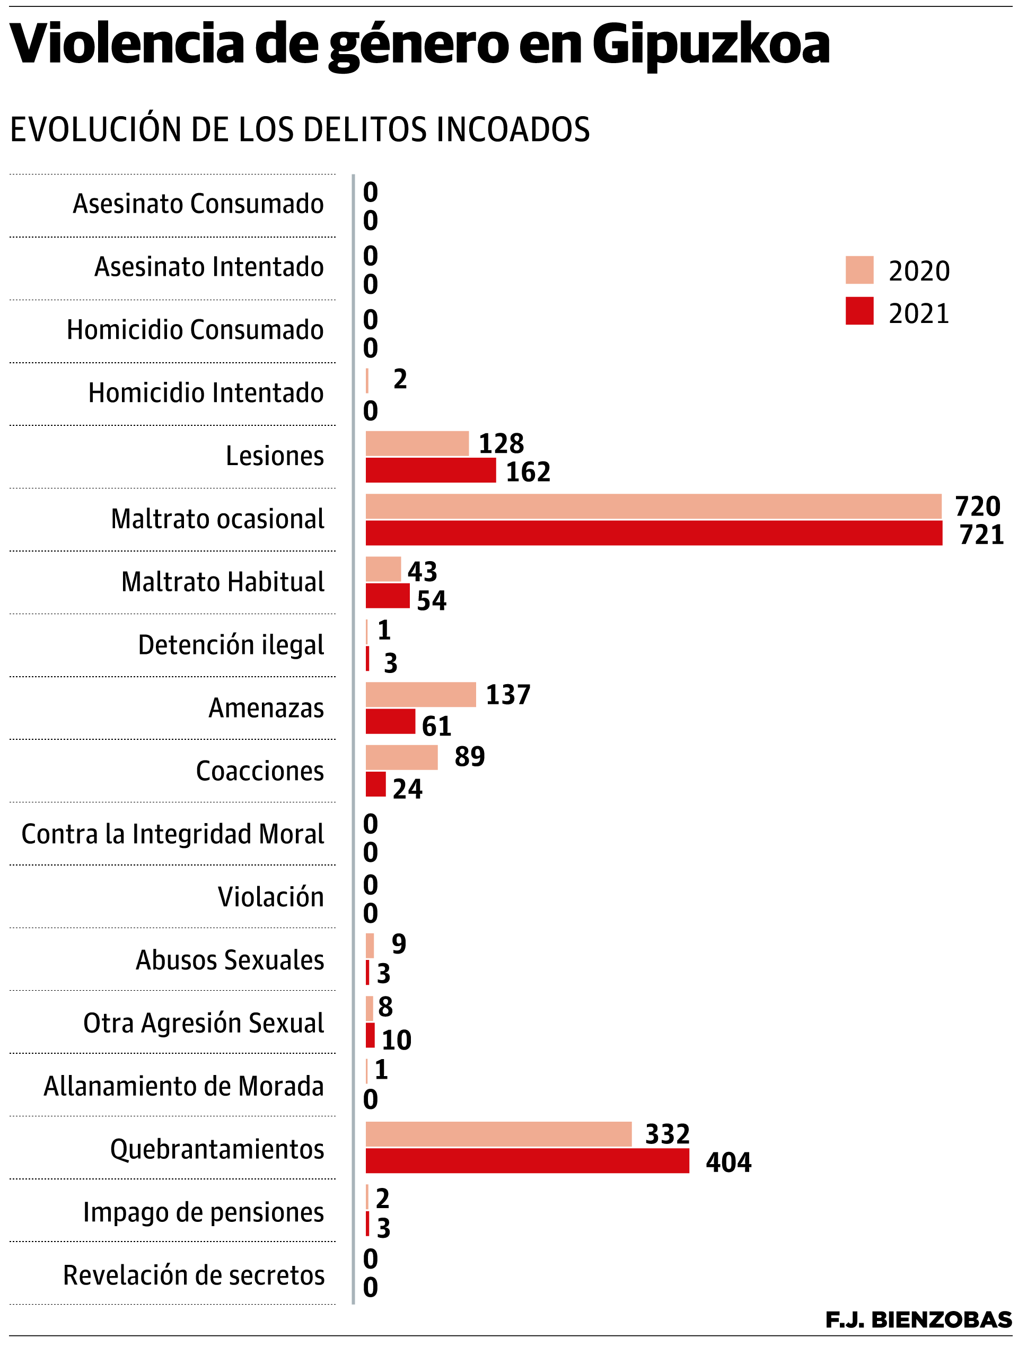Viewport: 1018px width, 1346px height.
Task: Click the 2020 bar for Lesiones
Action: [417, 443]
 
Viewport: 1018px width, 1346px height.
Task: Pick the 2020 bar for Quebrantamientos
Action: [498, 1134]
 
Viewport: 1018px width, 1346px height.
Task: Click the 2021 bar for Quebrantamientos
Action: [527, 1161]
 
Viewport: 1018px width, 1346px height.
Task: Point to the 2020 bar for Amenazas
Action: [420, 694]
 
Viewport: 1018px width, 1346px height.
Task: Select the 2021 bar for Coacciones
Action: [375, 784]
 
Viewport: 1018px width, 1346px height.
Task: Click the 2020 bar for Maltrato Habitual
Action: [383, 569]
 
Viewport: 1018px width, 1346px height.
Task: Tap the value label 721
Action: [981, 535]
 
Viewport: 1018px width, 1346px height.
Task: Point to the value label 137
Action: [507, 695]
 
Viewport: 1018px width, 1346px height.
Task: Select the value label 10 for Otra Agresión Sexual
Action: [396, 1040]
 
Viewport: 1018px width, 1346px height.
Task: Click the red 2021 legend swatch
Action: [858, 311]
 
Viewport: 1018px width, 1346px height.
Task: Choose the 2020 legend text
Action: [918, 271]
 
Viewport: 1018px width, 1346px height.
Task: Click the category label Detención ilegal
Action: [231, 645]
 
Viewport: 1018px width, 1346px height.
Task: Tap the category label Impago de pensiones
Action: [203, 1212]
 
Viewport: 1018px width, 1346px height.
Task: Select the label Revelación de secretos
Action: [194, 1275]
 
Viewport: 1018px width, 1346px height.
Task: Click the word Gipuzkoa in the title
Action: [710, 44]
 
